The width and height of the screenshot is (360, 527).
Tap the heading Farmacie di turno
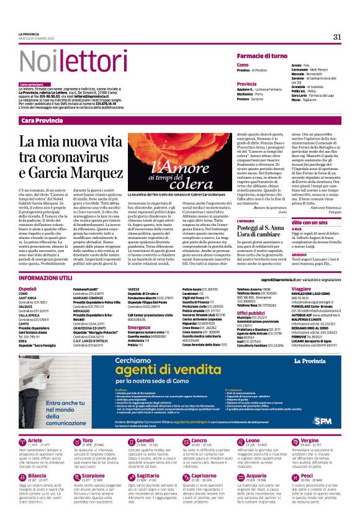pos(262,56)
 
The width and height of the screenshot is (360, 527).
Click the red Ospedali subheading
pos(28,289)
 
